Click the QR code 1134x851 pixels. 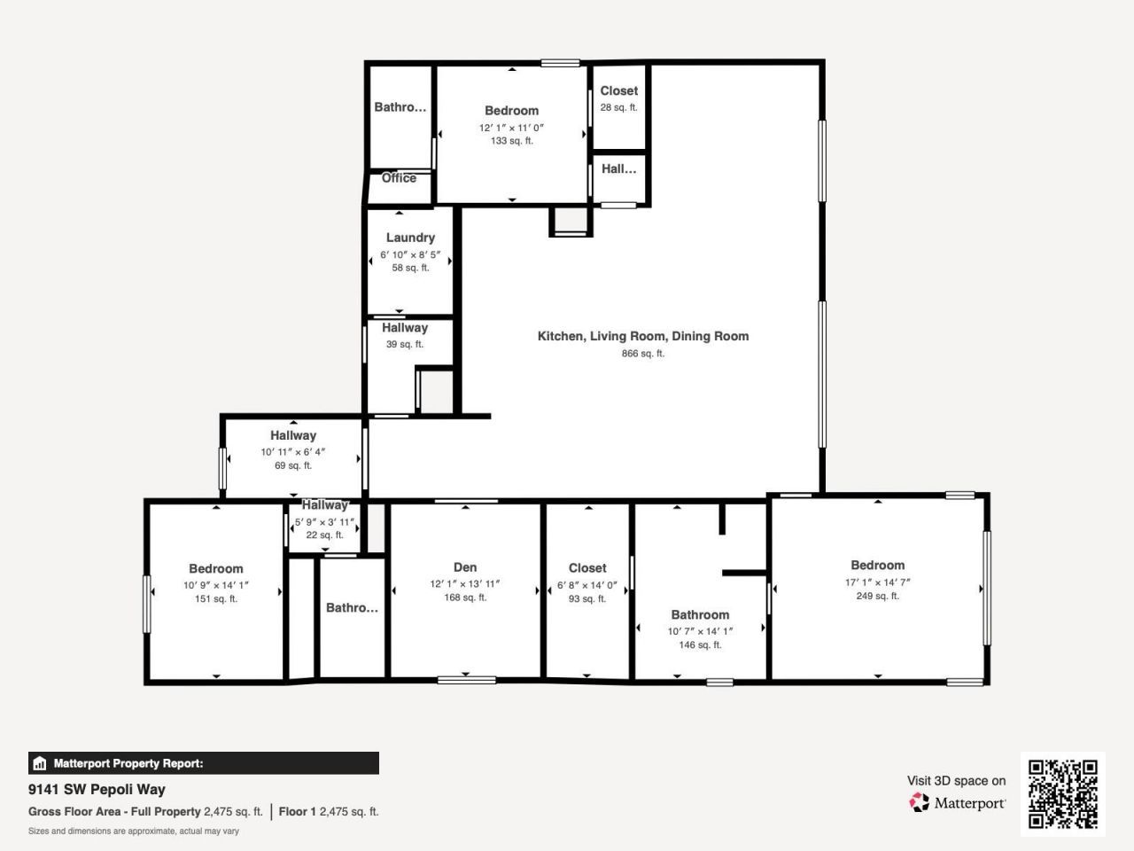(1062, 793)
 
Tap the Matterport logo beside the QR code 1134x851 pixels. (957, 803)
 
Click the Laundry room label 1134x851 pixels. (410, 238)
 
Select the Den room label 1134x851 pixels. (465, 567)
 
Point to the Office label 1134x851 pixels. (399, 178)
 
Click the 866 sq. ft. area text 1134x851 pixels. (643, 354)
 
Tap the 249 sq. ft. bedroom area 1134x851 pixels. (877, 596)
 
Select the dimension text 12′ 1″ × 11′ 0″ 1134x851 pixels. (511, 128)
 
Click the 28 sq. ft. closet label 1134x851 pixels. (618, 107)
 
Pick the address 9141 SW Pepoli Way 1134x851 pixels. (97, 789)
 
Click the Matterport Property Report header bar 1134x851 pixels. (203, 763)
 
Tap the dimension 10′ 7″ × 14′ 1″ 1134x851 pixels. (700, 631)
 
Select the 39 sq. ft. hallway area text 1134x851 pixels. (404, 344)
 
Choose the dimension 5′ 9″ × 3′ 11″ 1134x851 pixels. (324, 522)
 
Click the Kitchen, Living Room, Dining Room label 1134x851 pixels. (643, 336)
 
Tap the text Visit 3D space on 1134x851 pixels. (956, 781)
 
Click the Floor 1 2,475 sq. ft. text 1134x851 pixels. (329, 811)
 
